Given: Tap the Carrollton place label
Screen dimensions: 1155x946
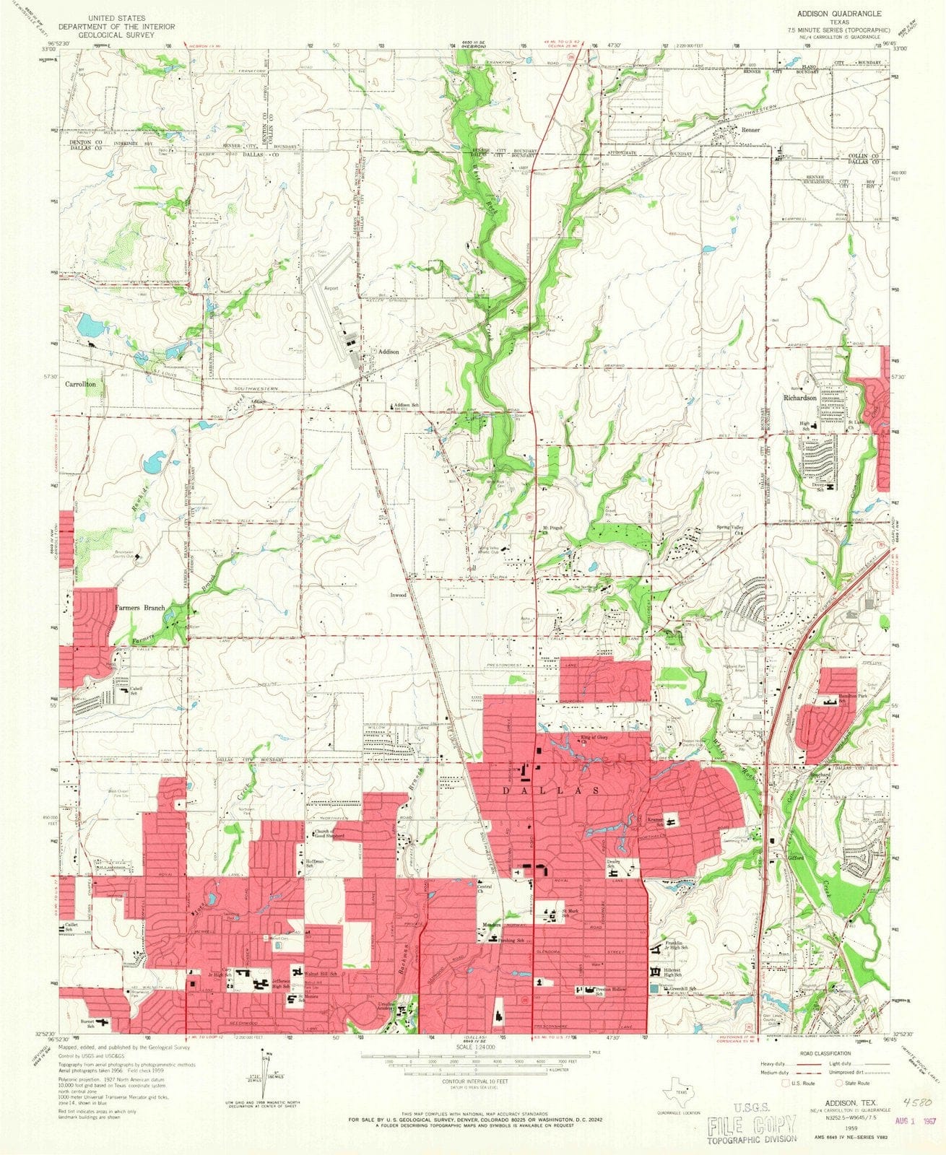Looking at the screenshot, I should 80,385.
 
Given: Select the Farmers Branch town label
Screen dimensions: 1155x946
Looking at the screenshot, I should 139,608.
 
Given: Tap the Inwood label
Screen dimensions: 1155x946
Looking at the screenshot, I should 399,596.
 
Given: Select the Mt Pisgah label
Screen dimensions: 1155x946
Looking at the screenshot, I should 553,528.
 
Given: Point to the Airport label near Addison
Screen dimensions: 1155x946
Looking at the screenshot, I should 331,288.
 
